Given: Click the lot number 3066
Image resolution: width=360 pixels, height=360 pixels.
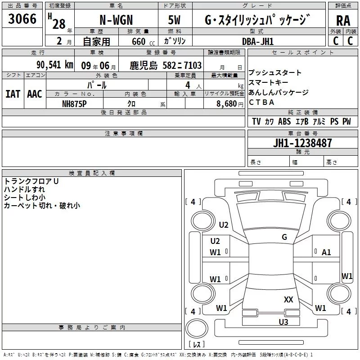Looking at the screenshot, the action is [x=22, y=19].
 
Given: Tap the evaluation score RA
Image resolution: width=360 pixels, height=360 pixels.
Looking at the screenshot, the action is [x=343, y=21].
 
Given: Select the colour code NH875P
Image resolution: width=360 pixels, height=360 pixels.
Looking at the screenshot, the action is [x=75, y=103].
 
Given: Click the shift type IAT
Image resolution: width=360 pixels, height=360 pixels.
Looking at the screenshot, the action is [x=13, y=94].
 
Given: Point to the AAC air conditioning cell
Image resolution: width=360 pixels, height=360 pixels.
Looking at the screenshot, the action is [x=35, y=94].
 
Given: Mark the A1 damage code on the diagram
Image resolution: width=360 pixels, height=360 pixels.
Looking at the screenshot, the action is [x=326, y=252].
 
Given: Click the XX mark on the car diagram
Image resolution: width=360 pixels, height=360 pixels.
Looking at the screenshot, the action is [x=288, y=299].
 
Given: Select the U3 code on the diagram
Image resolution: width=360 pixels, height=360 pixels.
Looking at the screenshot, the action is [x=283, y=322].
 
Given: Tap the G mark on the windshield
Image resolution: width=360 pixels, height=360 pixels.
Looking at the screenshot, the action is [x=284, y=237].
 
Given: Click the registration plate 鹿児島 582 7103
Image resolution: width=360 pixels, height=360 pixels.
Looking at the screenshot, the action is [x=166, y=65].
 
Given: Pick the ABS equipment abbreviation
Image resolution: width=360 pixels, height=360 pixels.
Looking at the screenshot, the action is [x=284, y=121].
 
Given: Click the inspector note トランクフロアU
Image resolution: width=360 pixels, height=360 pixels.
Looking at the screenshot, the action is [x=31, y=181].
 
